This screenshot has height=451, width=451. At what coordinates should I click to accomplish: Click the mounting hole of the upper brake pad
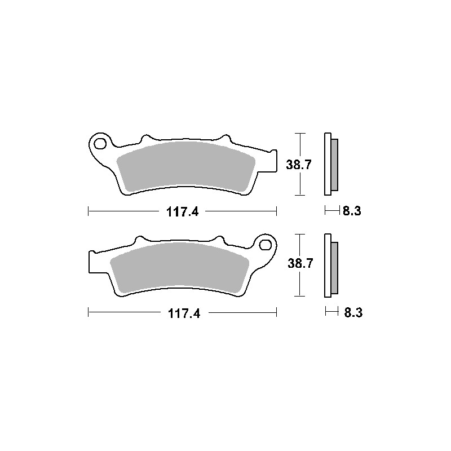100,144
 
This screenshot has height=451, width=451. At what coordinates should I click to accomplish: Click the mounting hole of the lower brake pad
265,245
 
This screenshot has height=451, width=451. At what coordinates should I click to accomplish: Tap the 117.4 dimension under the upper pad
182,213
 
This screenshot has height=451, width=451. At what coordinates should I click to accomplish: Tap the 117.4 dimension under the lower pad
184,313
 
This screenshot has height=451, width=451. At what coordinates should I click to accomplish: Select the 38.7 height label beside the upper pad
299,165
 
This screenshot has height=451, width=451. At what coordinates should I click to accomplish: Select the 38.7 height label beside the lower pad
300,263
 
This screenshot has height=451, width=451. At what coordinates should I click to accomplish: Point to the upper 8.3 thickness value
352,211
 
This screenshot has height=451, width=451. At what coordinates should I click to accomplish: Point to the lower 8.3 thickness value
353,313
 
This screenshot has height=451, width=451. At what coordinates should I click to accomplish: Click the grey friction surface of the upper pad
186,167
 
